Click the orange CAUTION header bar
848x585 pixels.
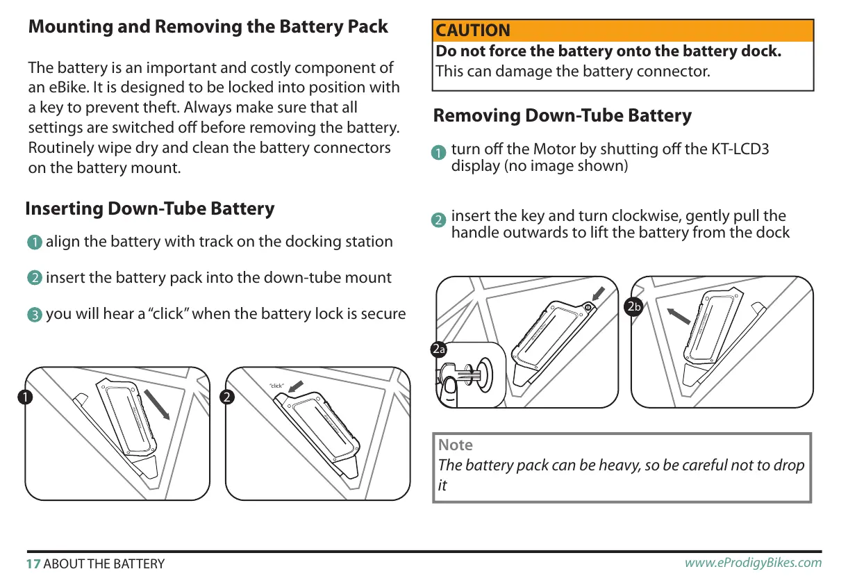622,31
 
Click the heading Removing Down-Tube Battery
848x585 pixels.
562,115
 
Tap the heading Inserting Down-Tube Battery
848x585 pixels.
149,208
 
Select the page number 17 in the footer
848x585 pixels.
33,563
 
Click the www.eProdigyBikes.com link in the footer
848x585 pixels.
753,563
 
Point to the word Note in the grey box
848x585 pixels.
455,445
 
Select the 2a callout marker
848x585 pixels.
438,349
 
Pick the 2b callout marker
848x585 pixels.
633,306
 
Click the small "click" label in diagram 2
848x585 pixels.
276,386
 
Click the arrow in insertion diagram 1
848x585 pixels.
158,405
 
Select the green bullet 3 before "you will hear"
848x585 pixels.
35,315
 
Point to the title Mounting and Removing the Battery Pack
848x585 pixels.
208,27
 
